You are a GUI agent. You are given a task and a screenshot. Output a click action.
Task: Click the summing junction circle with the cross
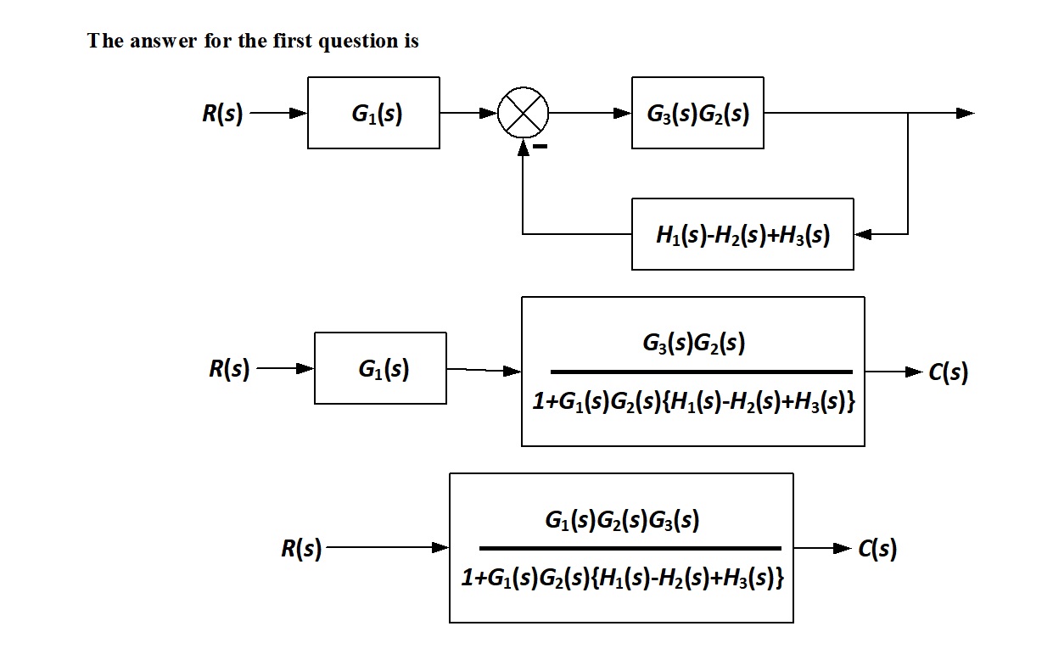[x=523, y=112]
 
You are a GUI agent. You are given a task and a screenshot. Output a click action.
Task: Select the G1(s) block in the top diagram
[x=373, y=113]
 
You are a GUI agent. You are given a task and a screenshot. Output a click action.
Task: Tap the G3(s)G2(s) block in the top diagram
[x=697, y=113]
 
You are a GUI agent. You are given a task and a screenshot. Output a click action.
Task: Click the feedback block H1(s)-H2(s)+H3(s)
[x=742, y=234]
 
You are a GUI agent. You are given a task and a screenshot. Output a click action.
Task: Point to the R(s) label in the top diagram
[x=222, y=114]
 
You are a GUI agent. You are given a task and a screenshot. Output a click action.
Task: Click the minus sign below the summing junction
[x=541, y=147]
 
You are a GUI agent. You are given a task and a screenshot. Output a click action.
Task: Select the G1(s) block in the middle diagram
[x=380, y=368]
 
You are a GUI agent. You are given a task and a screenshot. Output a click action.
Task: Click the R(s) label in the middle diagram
[x=229, y=369]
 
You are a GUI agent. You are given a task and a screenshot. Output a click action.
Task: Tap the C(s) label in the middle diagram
[x=948, y=372]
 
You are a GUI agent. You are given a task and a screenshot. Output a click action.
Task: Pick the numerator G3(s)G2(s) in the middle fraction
[x=693, y=344]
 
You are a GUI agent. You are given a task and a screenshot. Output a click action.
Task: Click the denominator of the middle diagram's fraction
[x=693, y=402]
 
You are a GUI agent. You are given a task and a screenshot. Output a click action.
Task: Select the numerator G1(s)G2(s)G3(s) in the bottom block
[x=622, y=520]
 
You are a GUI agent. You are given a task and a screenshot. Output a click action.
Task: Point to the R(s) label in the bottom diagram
[x=301, y=549]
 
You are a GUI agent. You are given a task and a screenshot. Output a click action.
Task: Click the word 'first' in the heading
[x=293, y=41]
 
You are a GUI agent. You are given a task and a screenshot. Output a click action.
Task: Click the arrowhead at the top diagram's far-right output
[x=966, y=113]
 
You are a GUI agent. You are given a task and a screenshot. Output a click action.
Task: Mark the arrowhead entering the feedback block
[x=861, y=233]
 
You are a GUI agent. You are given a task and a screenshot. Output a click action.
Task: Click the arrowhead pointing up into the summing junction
[x=524, y=147]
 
